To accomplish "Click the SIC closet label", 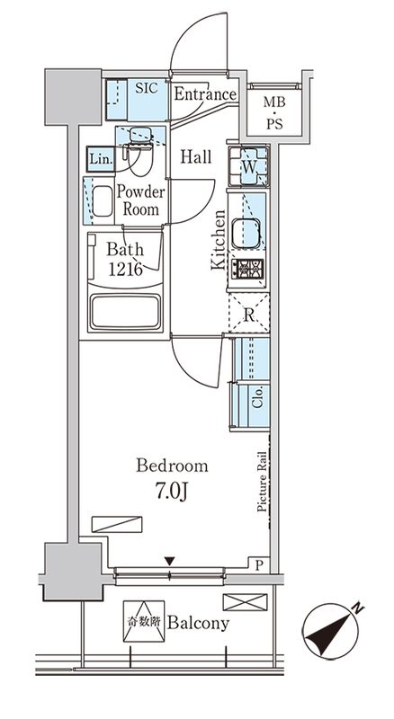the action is (147, 88).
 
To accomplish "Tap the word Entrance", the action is (205, 94).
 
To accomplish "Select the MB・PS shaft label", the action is (274, 113).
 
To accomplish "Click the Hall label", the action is (196, 156).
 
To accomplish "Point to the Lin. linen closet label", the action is (101, 160).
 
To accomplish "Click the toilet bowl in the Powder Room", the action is (140, 155).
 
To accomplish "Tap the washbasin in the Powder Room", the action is (102, 200).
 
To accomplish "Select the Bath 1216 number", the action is (125, 269).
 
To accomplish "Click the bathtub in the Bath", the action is (125, 312).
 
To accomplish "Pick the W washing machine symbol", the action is (248, 166).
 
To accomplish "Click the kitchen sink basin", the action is (246, 233).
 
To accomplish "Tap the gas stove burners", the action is (247, 269).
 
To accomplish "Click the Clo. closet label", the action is (257, 397).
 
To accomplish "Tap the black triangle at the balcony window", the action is (170, 561).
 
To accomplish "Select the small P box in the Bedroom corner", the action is (258, 565).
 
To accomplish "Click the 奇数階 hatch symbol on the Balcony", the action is (144, 621).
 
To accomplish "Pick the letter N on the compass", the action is (358, 609).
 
